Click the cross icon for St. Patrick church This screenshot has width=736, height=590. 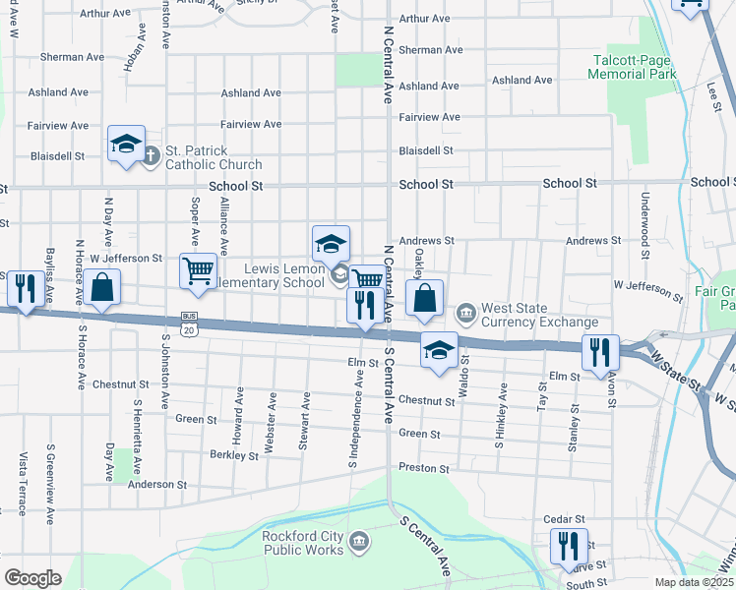[151, 155]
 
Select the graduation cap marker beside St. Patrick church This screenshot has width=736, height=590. [126, 146]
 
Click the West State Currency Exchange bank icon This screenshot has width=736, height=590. [466, 315]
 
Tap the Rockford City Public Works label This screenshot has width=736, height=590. [302, 542]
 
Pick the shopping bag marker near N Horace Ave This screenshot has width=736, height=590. [101, 287]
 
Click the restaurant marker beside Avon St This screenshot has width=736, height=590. [599, 351]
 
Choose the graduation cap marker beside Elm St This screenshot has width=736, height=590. [439, 349]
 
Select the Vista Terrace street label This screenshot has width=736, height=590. [22, 484]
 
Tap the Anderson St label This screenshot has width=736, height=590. [157, 484]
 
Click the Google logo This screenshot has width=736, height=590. [32, 577]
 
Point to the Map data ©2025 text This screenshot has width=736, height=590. [694, 582]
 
